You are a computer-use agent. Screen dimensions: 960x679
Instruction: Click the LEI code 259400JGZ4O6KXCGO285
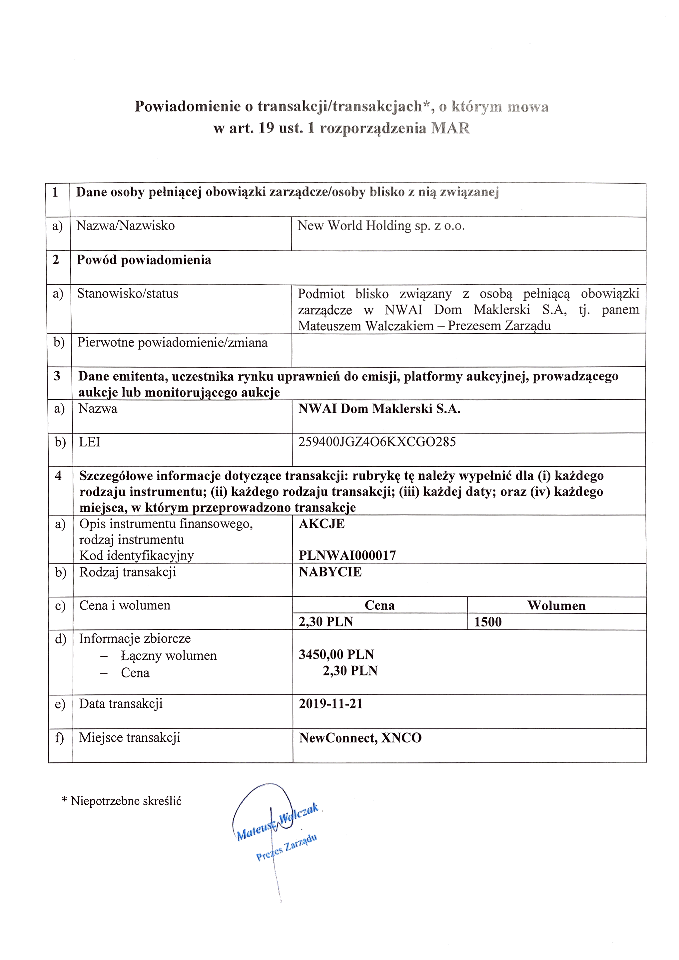(x=377, y=442)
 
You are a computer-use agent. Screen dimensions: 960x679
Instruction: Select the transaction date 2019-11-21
(x=330, y=704)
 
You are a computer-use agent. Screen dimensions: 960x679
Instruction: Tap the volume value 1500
(x=487, y=622)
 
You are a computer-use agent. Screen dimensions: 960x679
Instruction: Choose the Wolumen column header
(x=556, y=605)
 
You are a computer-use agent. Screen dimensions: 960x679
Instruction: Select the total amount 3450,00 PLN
(x=336, y=654)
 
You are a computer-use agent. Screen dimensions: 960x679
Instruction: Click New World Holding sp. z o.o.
(x=381, y=226)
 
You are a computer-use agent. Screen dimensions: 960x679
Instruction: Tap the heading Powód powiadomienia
(x=144, y=260)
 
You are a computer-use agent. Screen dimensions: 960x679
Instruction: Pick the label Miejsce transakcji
(x=130, y=737)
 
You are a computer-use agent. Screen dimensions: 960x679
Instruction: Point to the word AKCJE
(x=322, y=523)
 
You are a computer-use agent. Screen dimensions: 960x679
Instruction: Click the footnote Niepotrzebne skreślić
(x=126, y=801)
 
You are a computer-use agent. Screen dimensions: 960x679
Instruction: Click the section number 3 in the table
(x=57, y=376)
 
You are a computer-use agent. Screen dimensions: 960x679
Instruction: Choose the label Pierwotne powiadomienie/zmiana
(x=172, y=343)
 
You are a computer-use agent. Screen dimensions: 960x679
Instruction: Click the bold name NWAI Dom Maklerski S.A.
(x=379, y=409)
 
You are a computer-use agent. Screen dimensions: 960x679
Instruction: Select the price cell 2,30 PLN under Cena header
(x=326, y=622)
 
